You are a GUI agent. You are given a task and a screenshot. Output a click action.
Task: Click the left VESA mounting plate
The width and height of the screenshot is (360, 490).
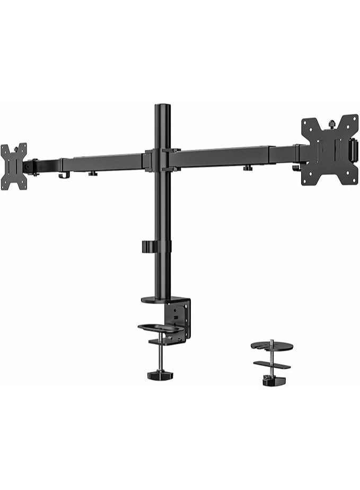[x=13, y=166]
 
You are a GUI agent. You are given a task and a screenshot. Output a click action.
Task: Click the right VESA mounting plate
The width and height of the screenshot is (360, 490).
[x=329, y=150]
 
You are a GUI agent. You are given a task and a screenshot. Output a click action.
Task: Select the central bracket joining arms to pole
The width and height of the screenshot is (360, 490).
[x=161, y=159]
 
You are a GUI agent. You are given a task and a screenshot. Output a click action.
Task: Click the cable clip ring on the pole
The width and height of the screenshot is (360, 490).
[x=156, y=247]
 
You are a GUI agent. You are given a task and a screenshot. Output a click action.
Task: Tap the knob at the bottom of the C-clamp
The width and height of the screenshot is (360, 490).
[x=160, y=375]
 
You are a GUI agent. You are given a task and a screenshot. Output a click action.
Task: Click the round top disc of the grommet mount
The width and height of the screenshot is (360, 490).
[x=271, y=346]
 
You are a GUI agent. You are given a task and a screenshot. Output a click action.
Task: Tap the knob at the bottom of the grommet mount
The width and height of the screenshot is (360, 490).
[x=272, y=380]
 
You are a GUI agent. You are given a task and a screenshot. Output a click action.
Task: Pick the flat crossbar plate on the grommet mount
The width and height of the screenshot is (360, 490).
[x=271, y=364]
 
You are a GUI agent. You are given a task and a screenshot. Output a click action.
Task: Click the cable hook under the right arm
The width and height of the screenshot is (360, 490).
[x=296, y=168]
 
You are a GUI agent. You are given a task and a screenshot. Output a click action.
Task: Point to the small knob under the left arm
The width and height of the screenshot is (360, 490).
[x=93, y=172]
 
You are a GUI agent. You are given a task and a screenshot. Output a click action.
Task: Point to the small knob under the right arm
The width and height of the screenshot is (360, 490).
[x=247, y=168]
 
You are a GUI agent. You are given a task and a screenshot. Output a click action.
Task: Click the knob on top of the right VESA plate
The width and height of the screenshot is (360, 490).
[x=332, y=124]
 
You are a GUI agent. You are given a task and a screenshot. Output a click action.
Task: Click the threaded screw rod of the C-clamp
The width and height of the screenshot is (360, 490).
[x=160, y=358]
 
